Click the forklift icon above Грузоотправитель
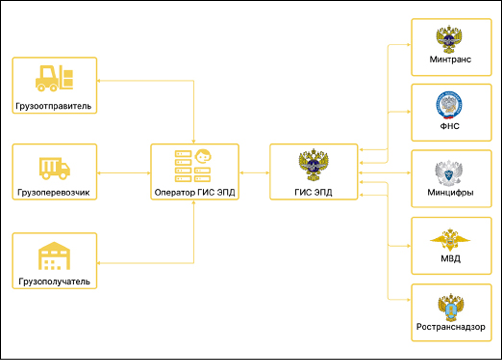(54, 78)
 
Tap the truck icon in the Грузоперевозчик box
(54, 168)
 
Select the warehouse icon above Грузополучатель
(54, 256)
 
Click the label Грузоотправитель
(53, 106)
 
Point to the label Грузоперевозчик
(54, 193)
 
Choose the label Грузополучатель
(54, 282)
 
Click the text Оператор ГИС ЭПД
(195, 193)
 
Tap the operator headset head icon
(203, 156)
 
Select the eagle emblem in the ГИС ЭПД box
(313, 165)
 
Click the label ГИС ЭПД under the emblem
(313, 192)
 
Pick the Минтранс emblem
(450, 39)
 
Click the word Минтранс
(450, 59)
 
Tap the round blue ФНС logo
(449, 105)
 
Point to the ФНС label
(450, 126)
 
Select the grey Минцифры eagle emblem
(449, 172)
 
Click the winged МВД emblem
(450, 240)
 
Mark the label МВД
(451, 258)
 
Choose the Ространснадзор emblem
(451, 307)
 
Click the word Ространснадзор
(451, 327)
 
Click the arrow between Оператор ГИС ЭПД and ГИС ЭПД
(254, 173)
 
